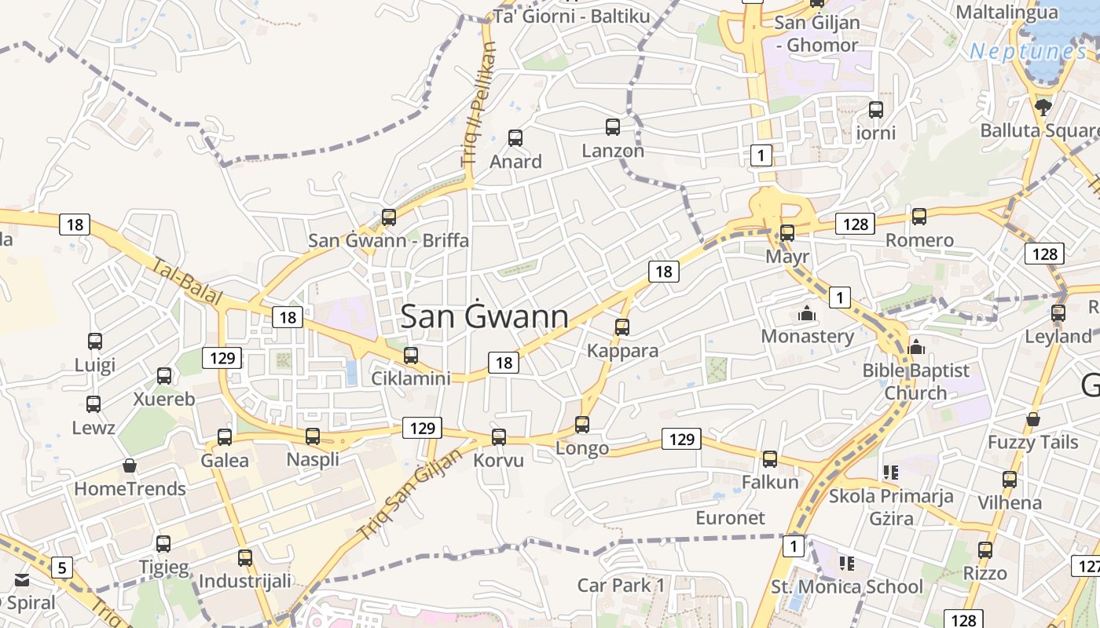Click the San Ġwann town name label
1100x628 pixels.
(484, 316)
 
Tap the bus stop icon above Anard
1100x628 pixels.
(515, 138)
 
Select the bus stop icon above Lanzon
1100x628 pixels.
(613, 126)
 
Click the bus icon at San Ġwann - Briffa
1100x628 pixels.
(388, 217)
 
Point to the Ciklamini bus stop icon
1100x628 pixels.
(410, 356)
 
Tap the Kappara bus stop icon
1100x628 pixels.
(622, 327)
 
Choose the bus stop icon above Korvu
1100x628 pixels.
(498, 437)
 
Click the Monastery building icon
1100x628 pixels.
(806, 314)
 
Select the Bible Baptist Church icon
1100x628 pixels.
(916, 347)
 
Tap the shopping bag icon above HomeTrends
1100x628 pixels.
(130, 466)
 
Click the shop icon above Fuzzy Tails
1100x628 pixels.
(1033, 419)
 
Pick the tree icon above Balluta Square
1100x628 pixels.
(1043, 107)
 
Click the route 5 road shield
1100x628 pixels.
(62, 567)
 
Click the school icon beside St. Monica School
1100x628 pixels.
(846, 563)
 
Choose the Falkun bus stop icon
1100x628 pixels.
(770, 459)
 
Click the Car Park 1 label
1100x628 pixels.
(621, 585)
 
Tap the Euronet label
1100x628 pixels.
(730, 518)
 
